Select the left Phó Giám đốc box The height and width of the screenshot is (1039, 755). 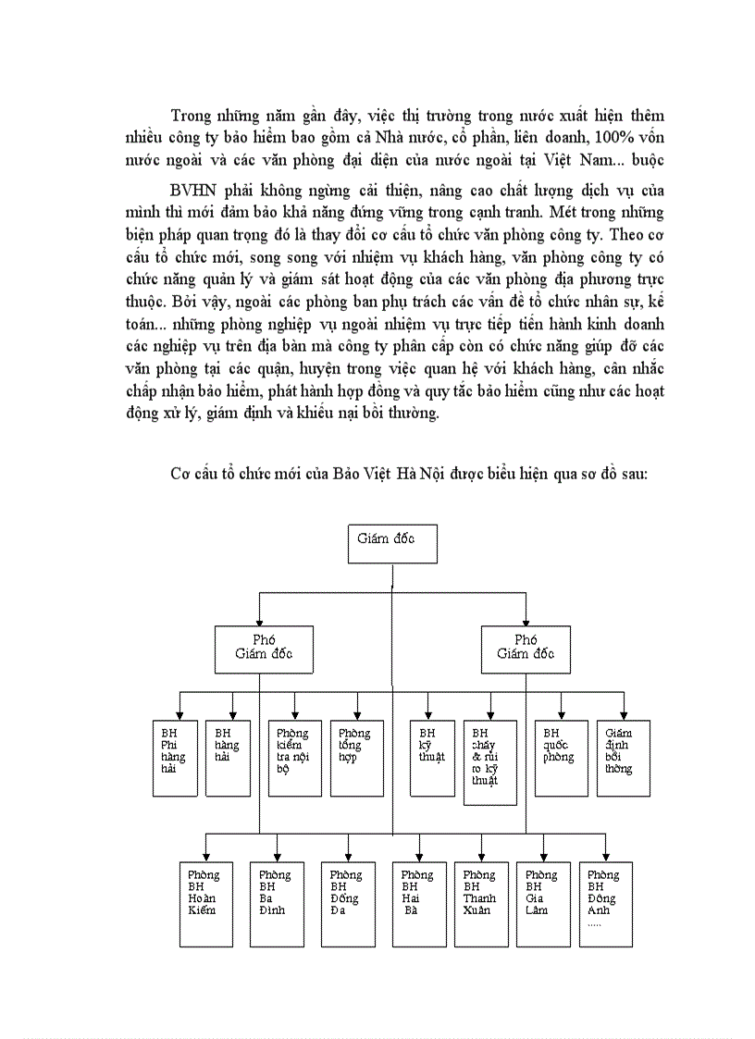260,649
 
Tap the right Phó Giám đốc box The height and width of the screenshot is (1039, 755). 526,649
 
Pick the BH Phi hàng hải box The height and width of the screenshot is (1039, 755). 175,758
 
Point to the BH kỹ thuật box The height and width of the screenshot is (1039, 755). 432,758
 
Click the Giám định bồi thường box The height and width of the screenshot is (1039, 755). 622,758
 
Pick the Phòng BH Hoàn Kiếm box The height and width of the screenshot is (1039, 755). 205,903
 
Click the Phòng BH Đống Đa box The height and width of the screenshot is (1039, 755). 348,903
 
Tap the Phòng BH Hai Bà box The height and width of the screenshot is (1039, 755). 419,903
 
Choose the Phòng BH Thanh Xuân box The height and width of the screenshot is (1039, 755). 481,903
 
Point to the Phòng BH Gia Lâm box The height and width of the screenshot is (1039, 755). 543,903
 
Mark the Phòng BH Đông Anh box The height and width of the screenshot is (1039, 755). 606,903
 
